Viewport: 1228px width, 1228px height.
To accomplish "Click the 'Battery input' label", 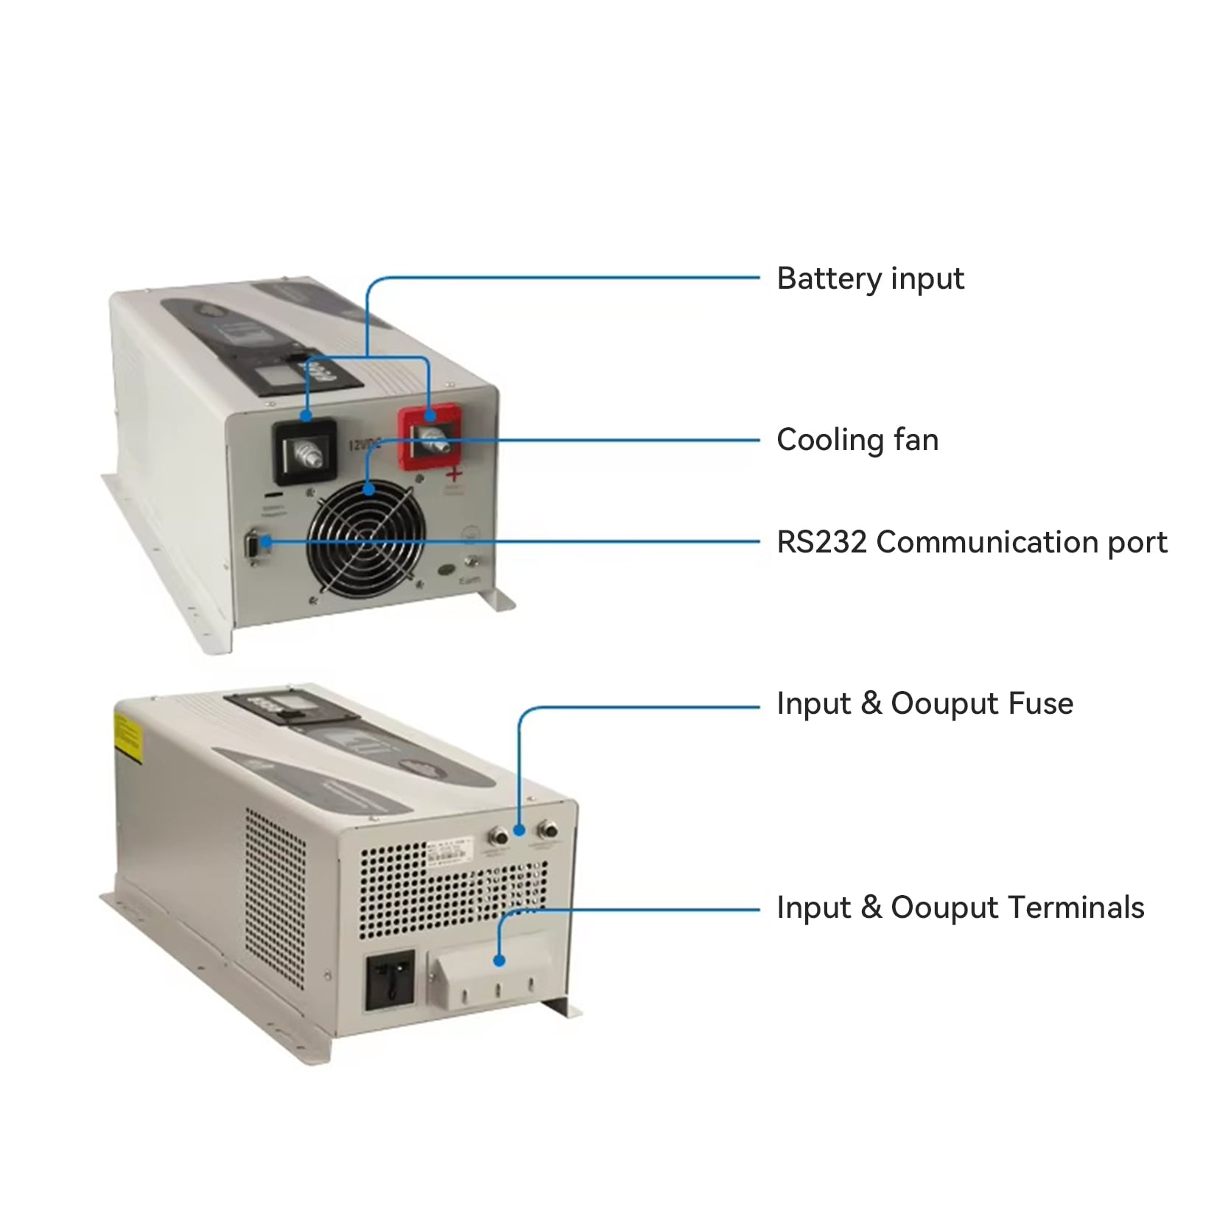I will (869, 279).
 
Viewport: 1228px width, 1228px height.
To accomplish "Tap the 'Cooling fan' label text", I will (857, 441).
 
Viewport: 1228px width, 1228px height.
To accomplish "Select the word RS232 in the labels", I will (821, 542).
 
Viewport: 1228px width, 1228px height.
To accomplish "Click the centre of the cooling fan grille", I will (366, 539).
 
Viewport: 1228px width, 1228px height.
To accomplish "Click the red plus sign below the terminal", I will (455, 473).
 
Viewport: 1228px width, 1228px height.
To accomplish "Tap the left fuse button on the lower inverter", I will (498, 837).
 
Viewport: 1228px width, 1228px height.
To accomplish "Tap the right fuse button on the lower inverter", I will (547, 832).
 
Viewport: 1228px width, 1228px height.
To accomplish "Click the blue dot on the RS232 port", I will (267, 543).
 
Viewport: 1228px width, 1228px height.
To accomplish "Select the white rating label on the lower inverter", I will (452, 855).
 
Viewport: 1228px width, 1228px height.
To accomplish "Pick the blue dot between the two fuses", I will (519, 830).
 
